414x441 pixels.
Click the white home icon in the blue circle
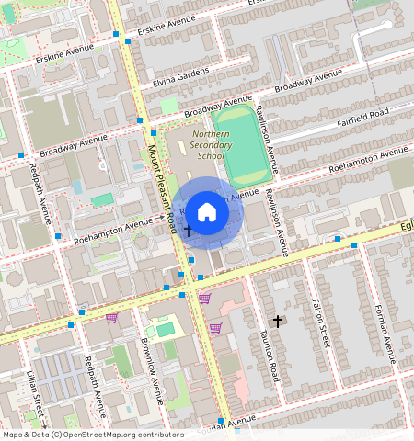[x=207, y=212]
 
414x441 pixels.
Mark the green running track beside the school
[x=243, y=145]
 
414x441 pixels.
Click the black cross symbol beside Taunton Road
[x=278, y=321]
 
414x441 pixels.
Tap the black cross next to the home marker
[x=188, y=229]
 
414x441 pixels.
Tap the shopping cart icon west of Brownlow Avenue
[x=111, y=318]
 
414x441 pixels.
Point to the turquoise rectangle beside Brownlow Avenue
[x=165, y=329]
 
